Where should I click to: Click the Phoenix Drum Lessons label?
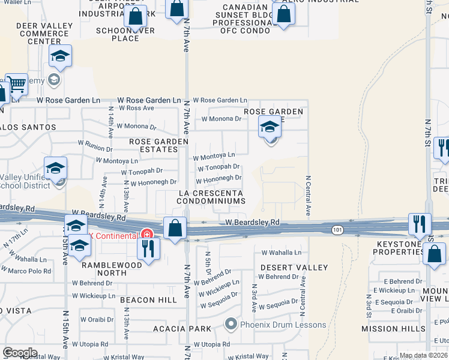tap(283, 325)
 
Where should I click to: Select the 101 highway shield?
tap(338, 229)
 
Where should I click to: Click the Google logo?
tap(20, 353)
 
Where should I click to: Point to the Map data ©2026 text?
tap(423, 355)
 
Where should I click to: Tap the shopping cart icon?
tap(17, 85)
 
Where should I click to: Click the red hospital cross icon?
tap(145, 233)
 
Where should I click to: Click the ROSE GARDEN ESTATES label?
tap(159, 145)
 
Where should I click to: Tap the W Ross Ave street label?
tap(136, 108)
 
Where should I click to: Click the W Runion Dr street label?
tap(95, 146)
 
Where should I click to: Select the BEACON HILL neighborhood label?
tap(148, 299)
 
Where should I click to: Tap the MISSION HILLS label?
tap(389, 329)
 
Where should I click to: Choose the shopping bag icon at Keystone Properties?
tap(434, 253)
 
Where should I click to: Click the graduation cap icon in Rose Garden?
tap(270, 127)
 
